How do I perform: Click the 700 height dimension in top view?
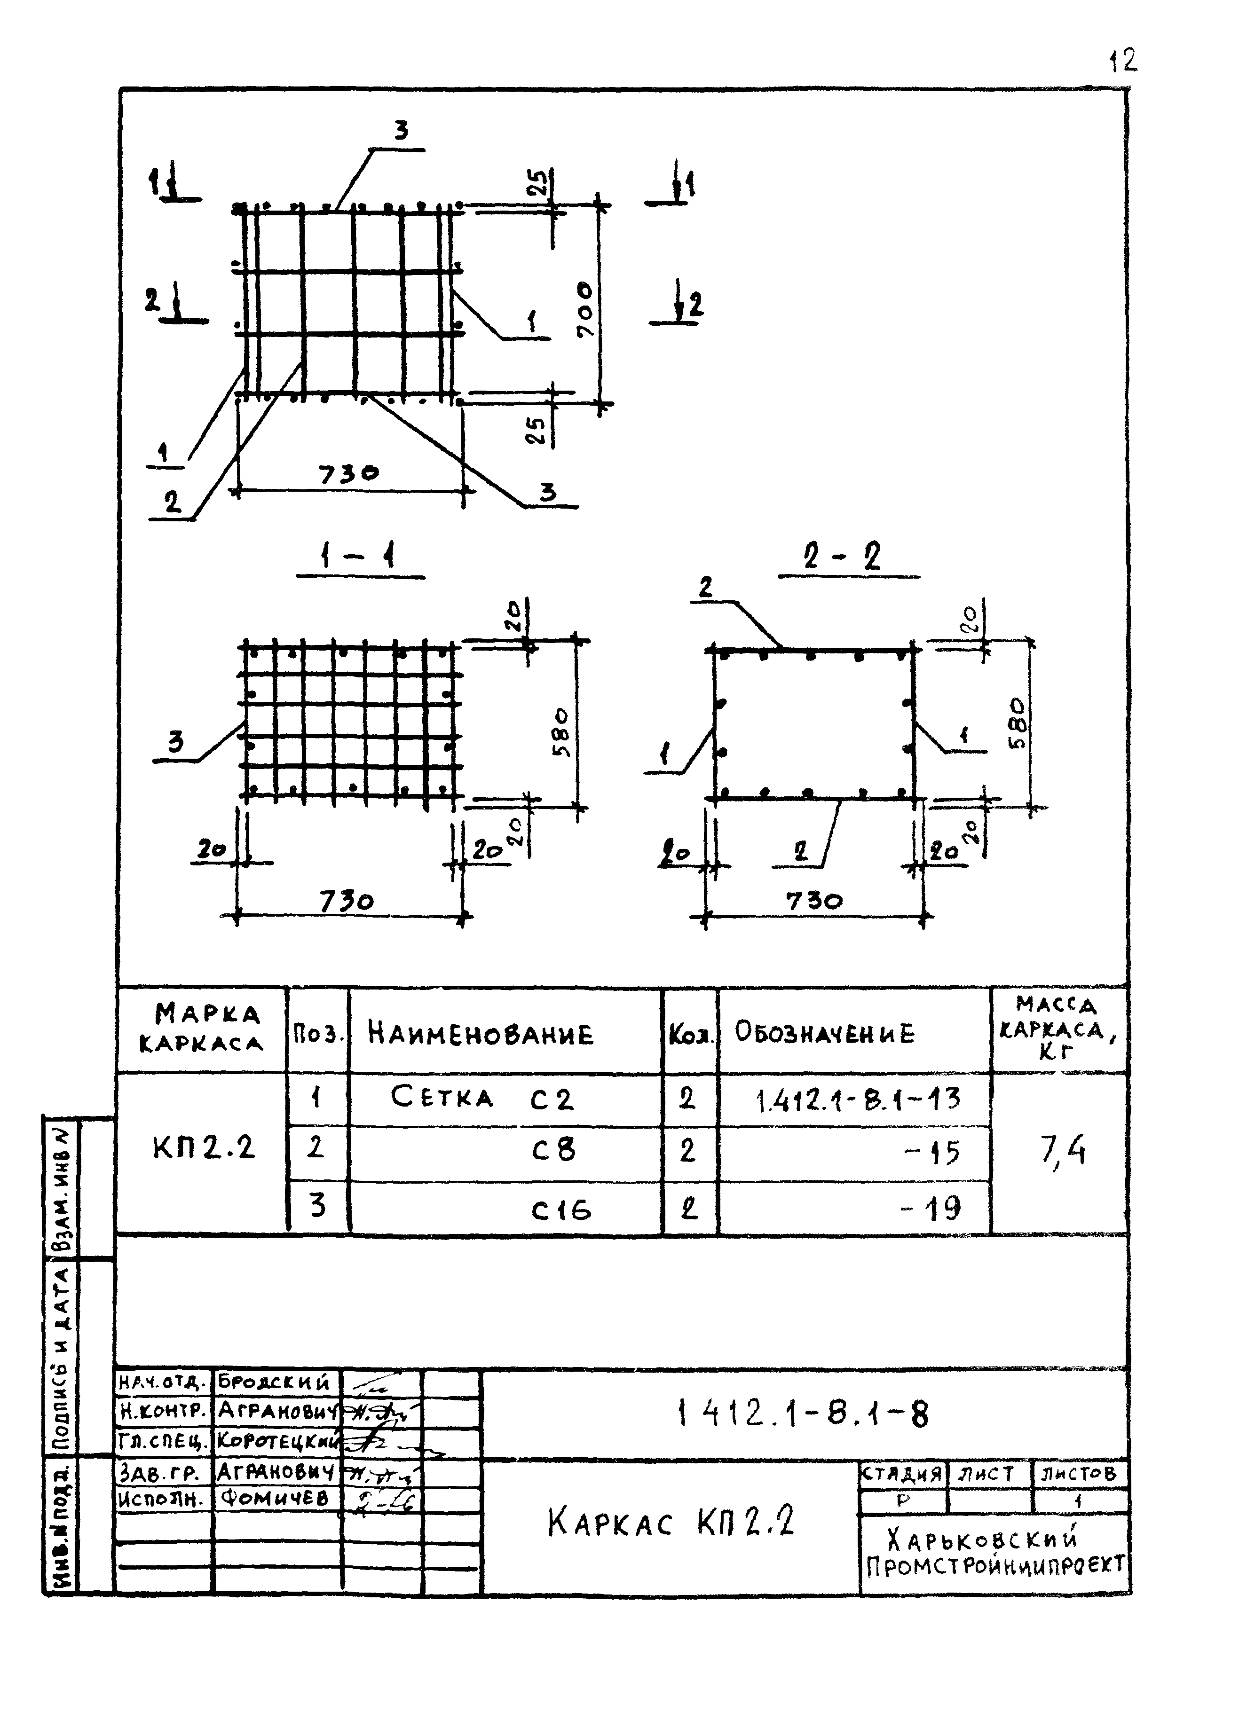pos(586,310)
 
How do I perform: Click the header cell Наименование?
pos(480,1034)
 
